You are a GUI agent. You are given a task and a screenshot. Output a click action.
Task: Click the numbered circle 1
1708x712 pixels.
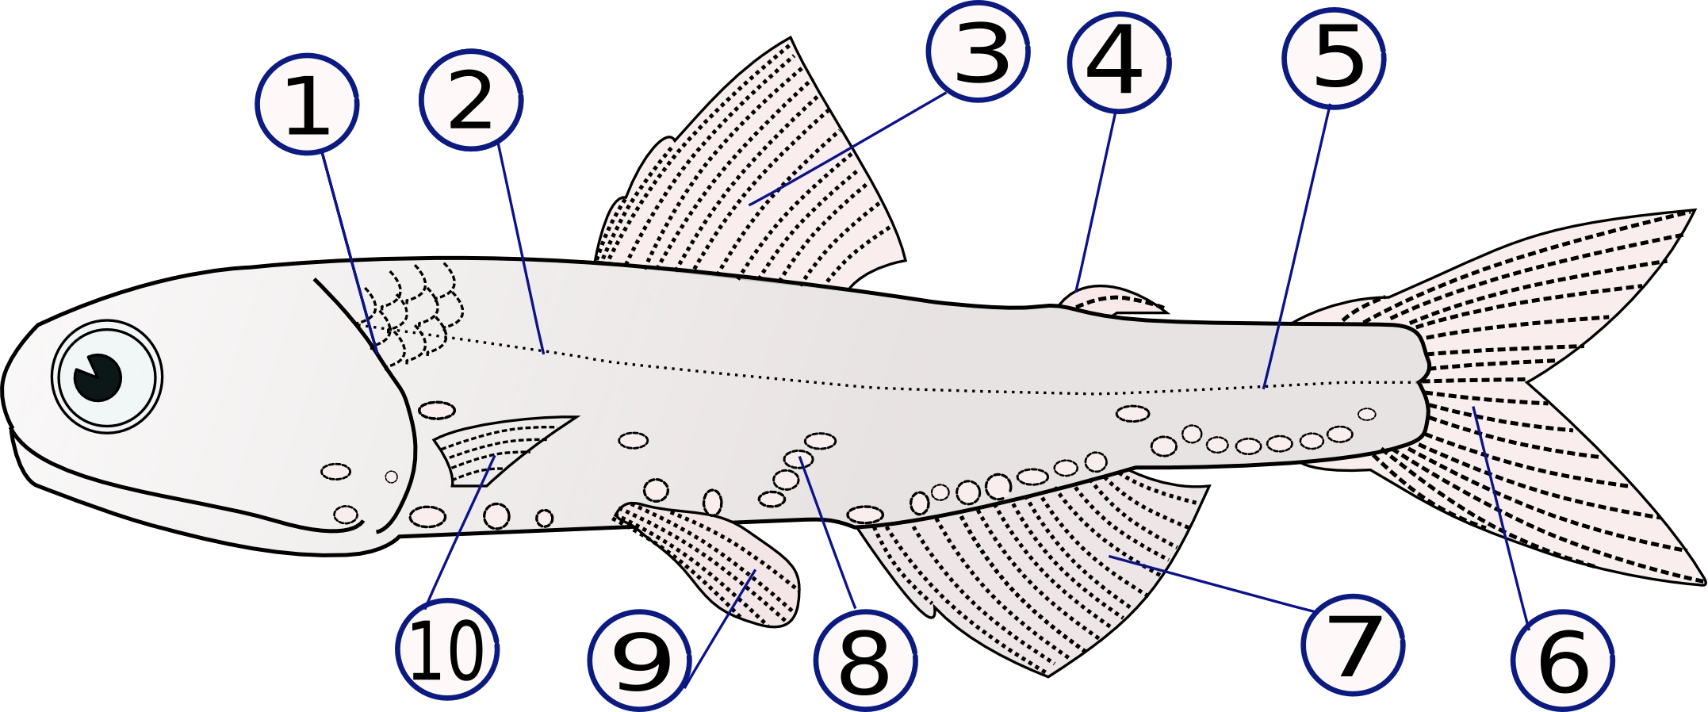point(308,104)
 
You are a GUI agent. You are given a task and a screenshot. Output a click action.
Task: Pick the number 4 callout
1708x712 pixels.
point(1118,62)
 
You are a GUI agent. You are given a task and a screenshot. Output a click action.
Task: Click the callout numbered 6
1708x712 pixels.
point(1562,661)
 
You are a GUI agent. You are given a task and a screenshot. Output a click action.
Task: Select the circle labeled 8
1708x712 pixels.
point(864,661)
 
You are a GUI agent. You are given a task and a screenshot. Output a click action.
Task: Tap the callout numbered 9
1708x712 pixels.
point(639,660)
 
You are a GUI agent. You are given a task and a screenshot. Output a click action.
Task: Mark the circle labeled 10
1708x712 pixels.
point(447,650)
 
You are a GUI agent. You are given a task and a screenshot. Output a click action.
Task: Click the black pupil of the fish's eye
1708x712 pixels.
point(98,377)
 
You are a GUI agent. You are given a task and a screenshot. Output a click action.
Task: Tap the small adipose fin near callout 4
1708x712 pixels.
point(1110,300)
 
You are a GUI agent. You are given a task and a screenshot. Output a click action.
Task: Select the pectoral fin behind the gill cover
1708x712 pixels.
point(496,448)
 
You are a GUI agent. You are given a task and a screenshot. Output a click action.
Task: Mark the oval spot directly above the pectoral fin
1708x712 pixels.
point(437,410)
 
